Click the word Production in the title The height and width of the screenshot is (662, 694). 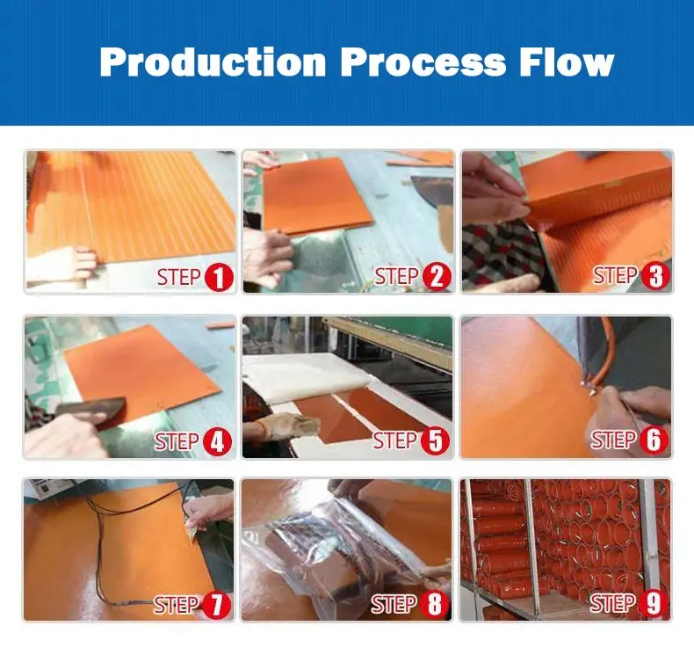pos(213,62)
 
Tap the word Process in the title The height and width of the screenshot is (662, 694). pos(423,62)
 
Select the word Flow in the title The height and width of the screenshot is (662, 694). pos(567,62)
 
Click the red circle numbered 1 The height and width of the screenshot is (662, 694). pos(219,278)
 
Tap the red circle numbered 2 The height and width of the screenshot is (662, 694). pos(437,277)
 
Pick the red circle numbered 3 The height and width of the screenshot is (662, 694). pos(655,276)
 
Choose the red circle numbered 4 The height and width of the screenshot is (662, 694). pos(217,442)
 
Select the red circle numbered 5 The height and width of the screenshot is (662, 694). pos(435,441)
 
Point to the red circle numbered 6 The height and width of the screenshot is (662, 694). pos(654,440)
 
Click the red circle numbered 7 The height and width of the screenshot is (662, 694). pos(216,606)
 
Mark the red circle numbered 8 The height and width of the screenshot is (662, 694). pos(434,605)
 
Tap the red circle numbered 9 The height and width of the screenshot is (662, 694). pos(653,604)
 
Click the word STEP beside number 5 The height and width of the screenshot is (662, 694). pos(394,441)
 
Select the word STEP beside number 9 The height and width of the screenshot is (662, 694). pos(612,604)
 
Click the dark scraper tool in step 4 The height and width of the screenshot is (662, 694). pos(90,411)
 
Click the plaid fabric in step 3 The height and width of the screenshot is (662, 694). pos(502,252)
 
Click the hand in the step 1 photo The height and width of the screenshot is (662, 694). pos(62,266)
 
